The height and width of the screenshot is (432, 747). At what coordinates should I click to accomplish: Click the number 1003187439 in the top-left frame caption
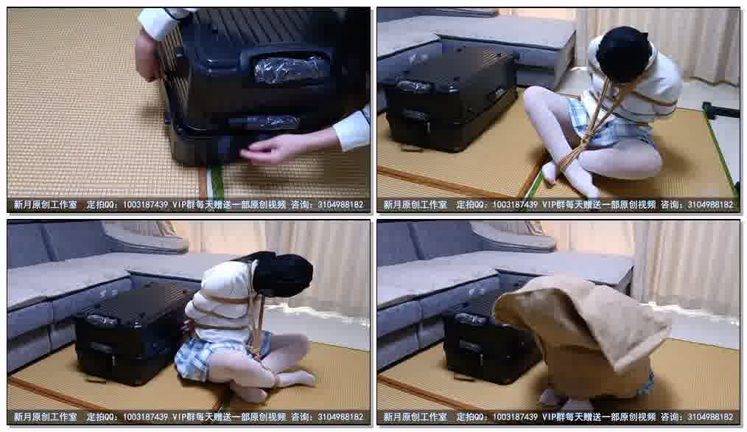click(145, 205)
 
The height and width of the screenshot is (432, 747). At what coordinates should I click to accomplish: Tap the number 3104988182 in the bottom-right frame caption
click(710, 417)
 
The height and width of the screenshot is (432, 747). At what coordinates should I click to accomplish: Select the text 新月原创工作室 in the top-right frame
click(415, 205)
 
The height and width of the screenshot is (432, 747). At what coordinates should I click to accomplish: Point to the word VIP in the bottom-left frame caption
click(180, 417)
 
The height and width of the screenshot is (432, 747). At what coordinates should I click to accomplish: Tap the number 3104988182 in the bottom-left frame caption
click(340, 417)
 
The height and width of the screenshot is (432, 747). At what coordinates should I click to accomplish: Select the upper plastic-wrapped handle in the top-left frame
click(290, 68)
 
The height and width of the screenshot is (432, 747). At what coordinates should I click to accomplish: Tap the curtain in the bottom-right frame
click(686, 267)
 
